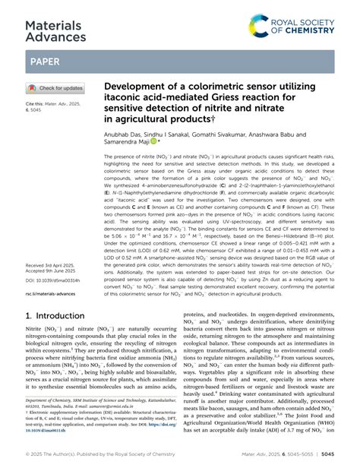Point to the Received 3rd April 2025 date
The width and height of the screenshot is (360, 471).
[x=57, y=267]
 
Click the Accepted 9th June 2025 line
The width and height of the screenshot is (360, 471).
[x=57, y=273]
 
